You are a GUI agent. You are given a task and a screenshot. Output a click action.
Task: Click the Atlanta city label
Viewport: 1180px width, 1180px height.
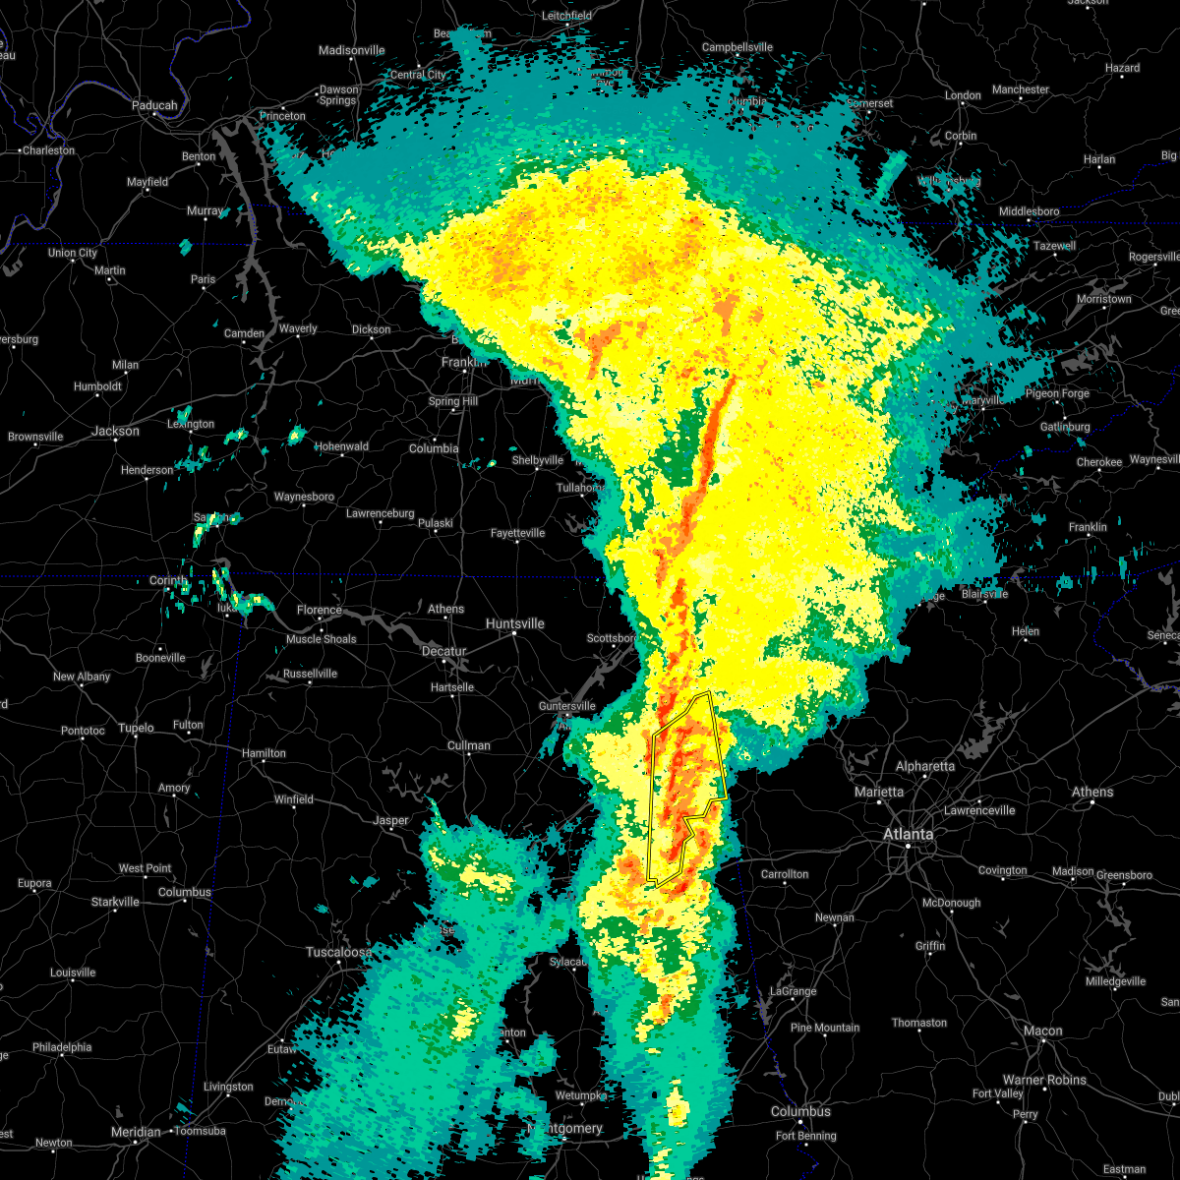(908, 834)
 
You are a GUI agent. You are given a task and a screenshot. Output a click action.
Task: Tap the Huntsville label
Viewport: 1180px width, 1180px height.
(514, 623)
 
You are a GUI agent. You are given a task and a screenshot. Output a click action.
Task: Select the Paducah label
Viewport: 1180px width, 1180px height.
(154, 105)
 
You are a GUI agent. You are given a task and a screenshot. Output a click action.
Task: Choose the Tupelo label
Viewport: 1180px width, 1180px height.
(136, 728)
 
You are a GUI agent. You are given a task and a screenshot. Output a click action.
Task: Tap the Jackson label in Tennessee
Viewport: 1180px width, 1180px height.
(115, 431)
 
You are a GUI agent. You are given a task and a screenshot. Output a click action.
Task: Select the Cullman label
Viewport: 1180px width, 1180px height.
(468, 745)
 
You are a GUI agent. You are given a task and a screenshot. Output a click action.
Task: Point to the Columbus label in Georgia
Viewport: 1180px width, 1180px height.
(800, 1111)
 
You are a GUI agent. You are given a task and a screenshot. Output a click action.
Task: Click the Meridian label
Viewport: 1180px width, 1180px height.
(136, 1132)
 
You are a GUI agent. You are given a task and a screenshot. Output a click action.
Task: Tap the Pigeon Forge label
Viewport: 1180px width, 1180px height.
(1057, 393)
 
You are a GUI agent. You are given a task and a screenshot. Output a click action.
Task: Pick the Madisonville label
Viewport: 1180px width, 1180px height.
(351, 50)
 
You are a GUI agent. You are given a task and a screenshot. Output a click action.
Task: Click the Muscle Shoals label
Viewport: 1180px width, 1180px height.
(321, 639)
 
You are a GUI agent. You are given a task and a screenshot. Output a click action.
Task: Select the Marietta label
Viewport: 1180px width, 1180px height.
(879, 792)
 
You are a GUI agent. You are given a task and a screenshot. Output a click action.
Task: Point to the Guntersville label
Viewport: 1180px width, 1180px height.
(566, 706)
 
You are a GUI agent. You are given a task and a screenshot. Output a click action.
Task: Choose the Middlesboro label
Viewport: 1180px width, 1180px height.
(1029, 211)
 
